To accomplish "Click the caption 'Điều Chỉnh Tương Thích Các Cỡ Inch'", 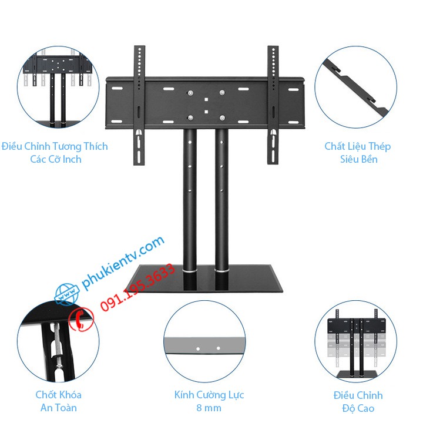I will pyautogui.click(x=55, y=152).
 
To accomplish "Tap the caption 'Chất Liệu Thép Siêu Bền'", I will pyautogui.click(x=357, y=152).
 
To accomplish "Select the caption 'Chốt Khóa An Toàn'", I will pyautogui.click(x=58, y=401).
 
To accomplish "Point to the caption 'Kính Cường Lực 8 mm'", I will pyautogui.click(x=209, y=401).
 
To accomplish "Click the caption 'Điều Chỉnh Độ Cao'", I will pyautogui.click(x=357, y=401).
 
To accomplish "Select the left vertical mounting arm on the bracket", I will pyautogui.click(x=139, y=106).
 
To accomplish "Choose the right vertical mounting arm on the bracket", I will pyautogui.click(x=273, y=106).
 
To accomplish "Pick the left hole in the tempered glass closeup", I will pyautogui.click(x=197, y=348).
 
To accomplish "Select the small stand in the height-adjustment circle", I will pyautogui.click(x=355, y=347).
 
